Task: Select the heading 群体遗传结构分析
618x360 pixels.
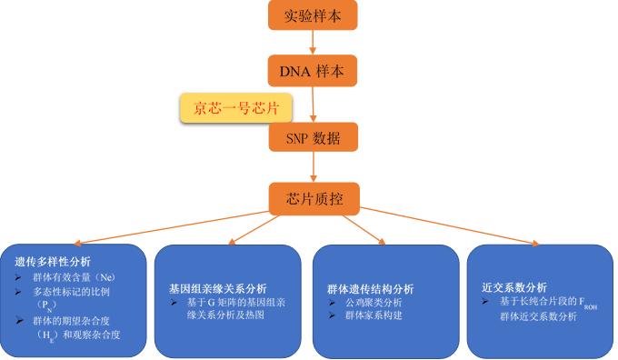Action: point(370,288)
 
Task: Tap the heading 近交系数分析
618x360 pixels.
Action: point(514,286)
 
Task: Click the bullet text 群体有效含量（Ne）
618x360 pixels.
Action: point(75,275)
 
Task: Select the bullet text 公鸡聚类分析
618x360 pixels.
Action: point(375,302)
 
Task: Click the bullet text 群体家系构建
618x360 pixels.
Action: point(375,315)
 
